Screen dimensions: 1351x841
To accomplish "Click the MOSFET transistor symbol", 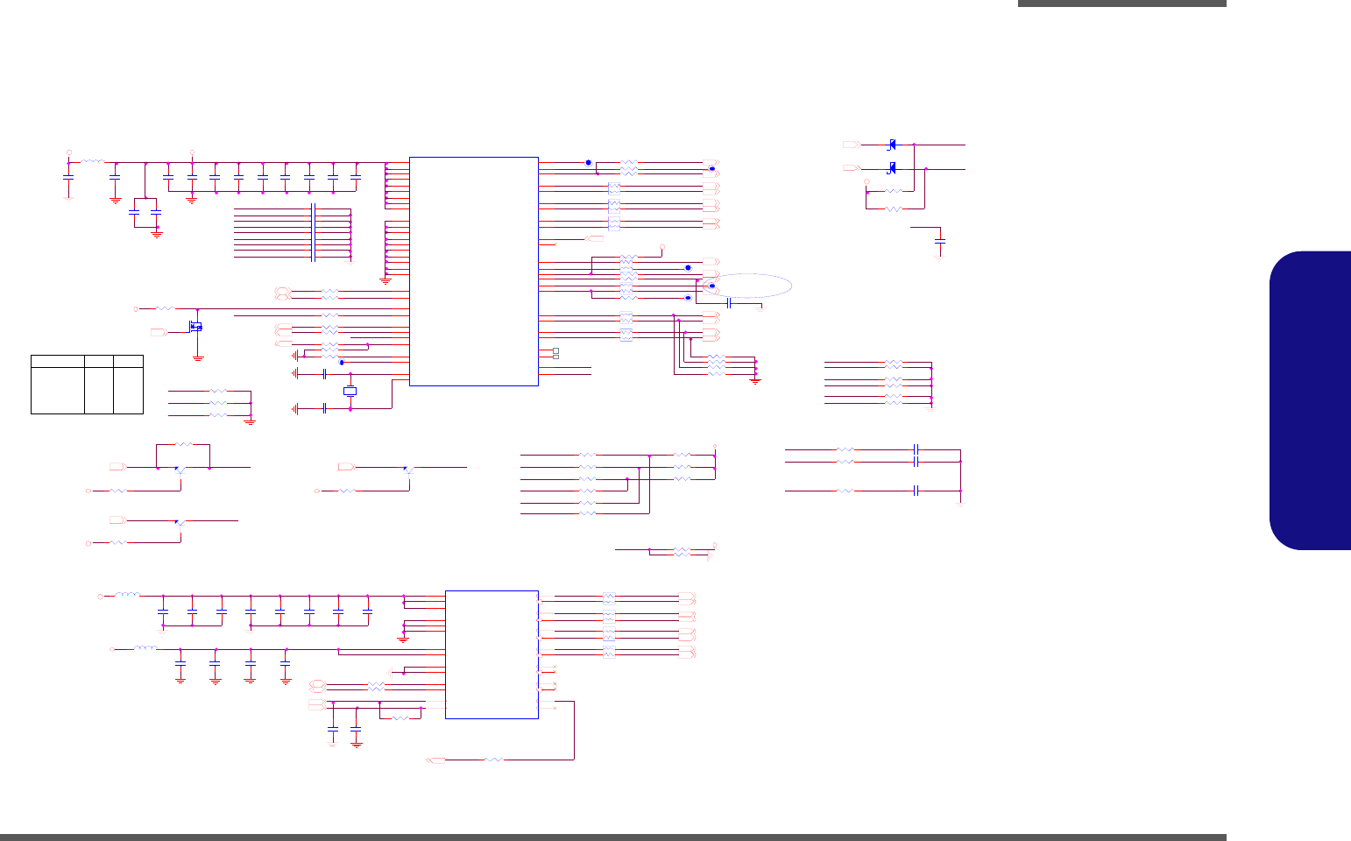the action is pyautogui.click(x=195, y=328).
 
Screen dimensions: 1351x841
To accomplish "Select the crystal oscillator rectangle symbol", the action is pyautogui.click(x=350, y=391).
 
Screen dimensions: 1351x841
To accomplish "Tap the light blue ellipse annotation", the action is pyautogui.click(x=750, y=286).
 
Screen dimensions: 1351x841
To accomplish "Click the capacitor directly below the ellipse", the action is pyautogui.click(x=729, y=302).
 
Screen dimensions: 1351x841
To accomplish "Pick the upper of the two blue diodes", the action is pyautogui.click(x=892, y=144).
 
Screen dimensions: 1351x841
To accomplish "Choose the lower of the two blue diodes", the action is pyautogui.click(x=892, y=167).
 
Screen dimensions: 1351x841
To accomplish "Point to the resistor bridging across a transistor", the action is pyautogui.click(x=184, y=445).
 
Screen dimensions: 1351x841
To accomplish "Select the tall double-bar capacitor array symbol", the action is pyautogui.click(x=313, y=233).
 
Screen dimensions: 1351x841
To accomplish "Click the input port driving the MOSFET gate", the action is pyautogui.click(x=159, y=333).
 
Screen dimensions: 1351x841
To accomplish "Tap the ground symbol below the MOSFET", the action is pyautogui.click(x=197, y=357).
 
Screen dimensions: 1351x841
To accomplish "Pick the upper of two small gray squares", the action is pyautogui.click(x=555, y=350).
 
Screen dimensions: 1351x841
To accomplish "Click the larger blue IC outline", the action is pyautogui.click(x=473, y=271).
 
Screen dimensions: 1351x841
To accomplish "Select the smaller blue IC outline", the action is pyautogui.click(x=492, y=654).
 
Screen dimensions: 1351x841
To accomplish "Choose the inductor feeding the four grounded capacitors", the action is pyautogui.click(x=145, y=649).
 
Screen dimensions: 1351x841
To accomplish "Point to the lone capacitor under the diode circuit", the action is pyautogui.click(x=940, y=239).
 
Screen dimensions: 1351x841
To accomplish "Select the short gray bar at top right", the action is pyautogui.click(x=1121, y=4).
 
